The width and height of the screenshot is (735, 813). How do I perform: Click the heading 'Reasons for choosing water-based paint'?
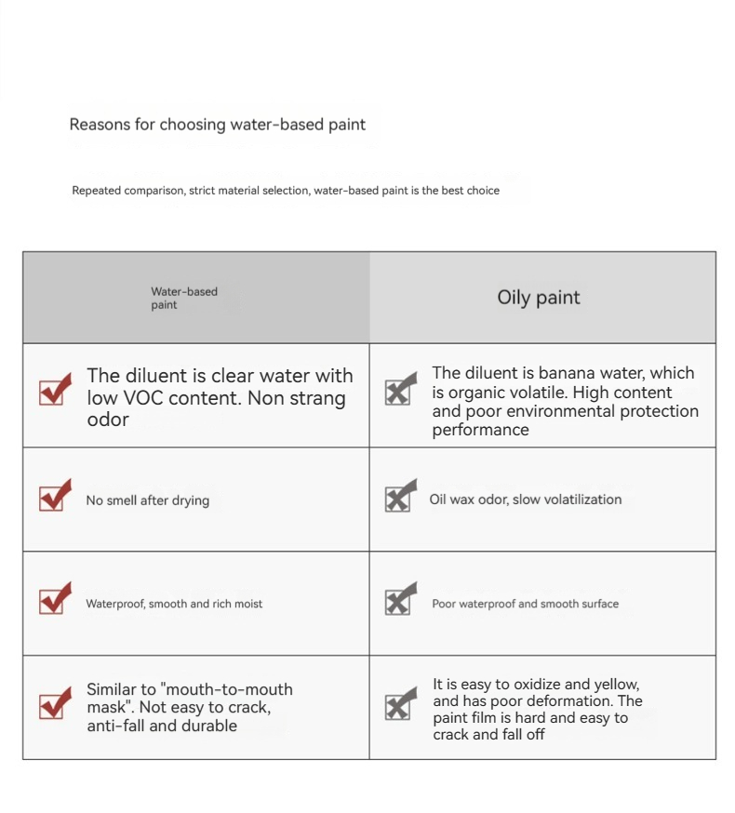(x=218, y=125)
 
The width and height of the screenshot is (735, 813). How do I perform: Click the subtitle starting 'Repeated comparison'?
(x=286, y=191)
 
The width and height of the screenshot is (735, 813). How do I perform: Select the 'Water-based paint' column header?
(x=184, y=298)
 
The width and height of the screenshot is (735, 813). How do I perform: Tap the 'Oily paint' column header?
(x=538, y=298)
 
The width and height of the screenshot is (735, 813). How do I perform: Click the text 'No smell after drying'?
(x=148, y=500)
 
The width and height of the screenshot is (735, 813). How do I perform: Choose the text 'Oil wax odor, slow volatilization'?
(x=525, y=500)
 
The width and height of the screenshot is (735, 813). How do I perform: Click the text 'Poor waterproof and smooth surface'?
(x=525, y=604)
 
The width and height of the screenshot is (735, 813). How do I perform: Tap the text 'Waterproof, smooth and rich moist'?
(x=174, y=604)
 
